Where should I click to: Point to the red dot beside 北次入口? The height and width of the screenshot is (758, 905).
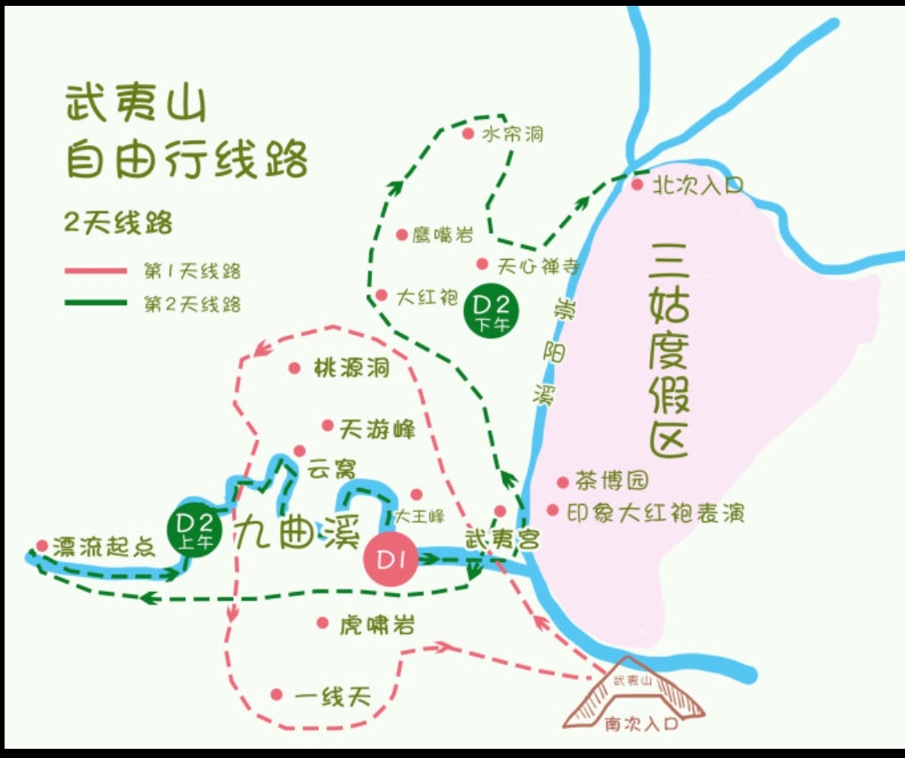point(637,184)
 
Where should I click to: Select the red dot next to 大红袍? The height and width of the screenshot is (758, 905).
point(381,295)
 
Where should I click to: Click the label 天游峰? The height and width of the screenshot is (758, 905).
point(377,430)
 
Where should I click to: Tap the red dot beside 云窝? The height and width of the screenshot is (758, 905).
point(299,451)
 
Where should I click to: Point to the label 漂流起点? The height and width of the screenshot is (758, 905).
point(104,548)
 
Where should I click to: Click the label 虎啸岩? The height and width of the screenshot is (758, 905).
point(377,625)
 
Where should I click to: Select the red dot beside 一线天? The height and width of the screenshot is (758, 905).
point(277,694)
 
